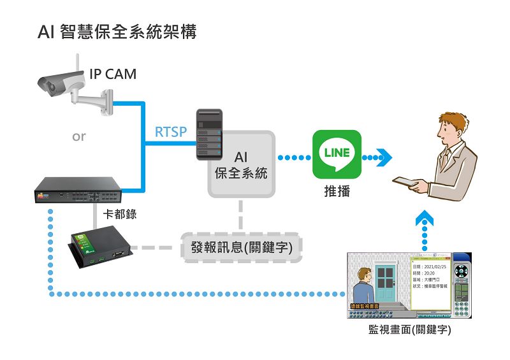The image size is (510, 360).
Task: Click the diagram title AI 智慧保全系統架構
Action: click(117, 32)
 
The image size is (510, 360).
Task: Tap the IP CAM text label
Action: click(113, 74)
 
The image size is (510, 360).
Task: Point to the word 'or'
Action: click(78, 136)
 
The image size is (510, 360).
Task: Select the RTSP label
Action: click(171, 132)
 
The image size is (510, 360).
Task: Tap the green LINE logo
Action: click(337, 154)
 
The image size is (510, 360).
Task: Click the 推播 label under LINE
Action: click(337, 191)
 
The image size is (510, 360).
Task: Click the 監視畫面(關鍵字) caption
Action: click(410, 330)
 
